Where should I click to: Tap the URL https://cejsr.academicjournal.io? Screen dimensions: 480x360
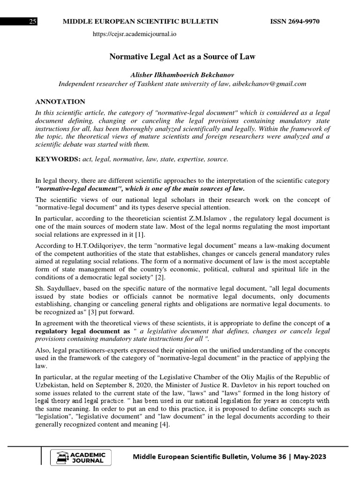(135, 34)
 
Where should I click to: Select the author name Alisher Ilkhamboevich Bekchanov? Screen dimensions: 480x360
(182, 75)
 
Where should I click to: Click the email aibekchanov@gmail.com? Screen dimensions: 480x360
(269, 84)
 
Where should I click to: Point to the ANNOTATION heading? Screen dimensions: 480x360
(60, 102)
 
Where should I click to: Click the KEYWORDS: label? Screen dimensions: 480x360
(58, 159)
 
